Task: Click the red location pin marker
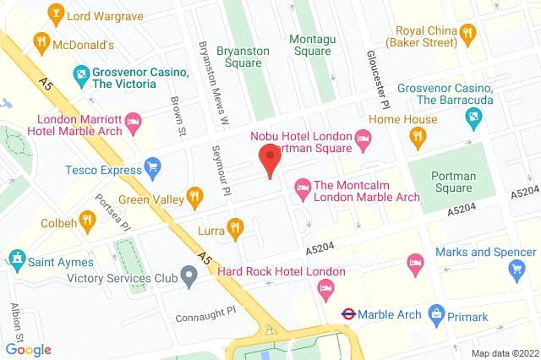[x=269, y=159]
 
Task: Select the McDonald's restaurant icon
[x=40, y=41]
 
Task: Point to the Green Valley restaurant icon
[x=194, y=197]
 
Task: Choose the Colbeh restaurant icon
[x=87, y=222]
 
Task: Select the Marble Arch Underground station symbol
[x=347, y=314]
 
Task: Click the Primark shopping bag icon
[x=436, y=314]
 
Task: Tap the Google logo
[x=28, y=349]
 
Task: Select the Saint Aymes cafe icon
[x=16, y=256]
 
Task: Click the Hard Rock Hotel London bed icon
[x=325, y=290]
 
